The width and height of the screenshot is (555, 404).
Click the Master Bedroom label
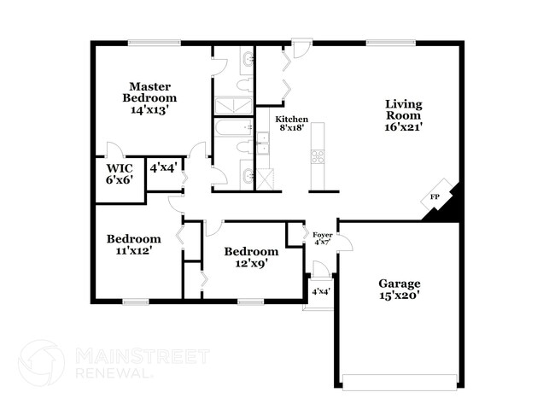pyautogui.click(x=150, y=97)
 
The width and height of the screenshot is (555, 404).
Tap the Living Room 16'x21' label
pyautogui.click(x=403, y=115)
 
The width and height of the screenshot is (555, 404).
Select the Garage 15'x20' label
pyautogui.click(x=400, y=290)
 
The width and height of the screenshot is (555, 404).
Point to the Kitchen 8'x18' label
pyautogui.click(x=291, y=125)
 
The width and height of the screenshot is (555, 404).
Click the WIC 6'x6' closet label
pyautogui.click(x=120, y=173)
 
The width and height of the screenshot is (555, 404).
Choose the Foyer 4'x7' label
pyautogui.click(x=322, y=238)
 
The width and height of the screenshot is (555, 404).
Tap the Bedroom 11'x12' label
pyautogui.click(x=133, y=243)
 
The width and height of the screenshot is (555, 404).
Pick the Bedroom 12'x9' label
pyautogui.click(x=250, y=257)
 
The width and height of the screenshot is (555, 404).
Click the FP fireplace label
pyautogui.click(x=435, y=197)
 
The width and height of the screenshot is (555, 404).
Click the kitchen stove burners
pyautogui.click(x=318, y=156)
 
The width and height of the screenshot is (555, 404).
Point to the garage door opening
pyautogui.click(x=400, y=378)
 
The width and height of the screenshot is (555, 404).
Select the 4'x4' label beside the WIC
pyautogui.click(x=162, y=167)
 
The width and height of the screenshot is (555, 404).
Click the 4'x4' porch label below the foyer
pyautogui.click(x=321, y=292)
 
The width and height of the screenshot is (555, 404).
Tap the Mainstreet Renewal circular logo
pyautogui.click(x=41, y=362)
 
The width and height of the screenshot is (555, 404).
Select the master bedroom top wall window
pyautogui.click(x=154, y=43)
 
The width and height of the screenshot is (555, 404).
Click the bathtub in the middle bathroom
pyautogui.click(x=231, y=128)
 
